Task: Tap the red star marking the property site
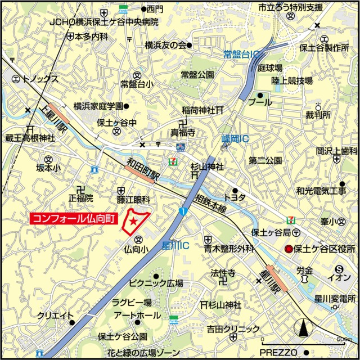click(x=132, y=222)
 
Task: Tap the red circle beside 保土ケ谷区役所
click(x=289, y=249)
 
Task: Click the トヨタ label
click(x=235, y=198)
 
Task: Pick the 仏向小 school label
click(x=136, y=248)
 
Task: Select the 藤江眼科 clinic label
click(x=133, y=200)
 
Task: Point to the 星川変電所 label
click(x=336, y=299)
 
